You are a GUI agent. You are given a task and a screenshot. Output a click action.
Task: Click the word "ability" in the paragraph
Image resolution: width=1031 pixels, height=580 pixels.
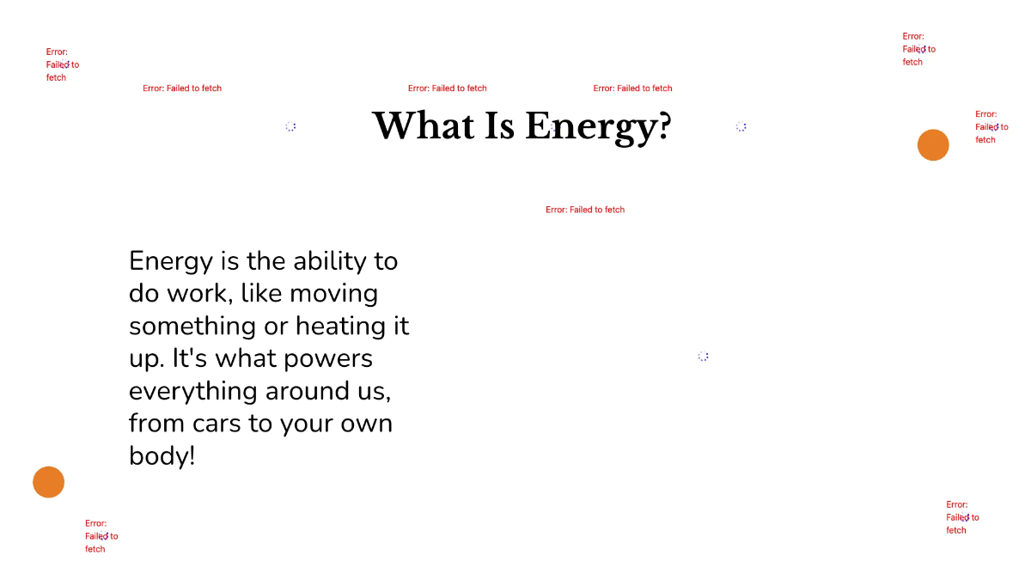(x=327, y=260)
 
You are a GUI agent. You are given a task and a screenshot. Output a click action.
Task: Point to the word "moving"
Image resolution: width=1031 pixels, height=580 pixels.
(x=333, y=294)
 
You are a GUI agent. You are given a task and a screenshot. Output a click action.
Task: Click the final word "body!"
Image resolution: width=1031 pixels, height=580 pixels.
(x=162, y=455)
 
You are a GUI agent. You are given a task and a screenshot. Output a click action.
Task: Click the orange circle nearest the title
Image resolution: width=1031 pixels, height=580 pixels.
(x=933, y=145)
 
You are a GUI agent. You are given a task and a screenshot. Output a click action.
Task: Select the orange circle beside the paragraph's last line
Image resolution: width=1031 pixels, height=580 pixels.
(x=49, y=482)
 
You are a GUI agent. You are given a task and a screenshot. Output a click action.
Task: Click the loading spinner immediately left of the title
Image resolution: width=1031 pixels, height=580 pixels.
(x=290, y=126)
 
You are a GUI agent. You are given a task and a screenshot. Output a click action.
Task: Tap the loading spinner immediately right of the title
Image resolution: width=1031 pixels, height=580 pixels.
(x=741, y=126)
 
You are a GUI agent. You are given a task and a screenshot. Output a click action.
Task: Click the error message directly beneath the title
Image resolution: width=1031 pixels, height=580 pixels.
(x=585, y=210)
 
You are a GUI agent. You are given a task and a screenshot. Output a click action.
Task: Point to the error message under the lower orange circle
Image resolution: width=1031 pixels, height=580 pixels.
(x=101, y=536)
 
